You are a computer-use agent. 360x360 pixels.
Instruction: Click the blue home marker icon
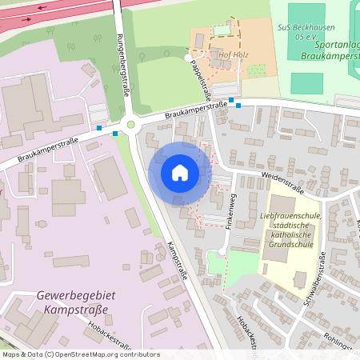pos(180,172)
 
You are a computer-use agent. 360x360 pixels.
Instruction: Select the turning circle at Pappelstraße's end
pos(189,58)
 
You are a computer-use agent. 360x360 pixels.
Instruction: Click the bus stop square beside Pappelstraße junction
pos(231,101)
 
